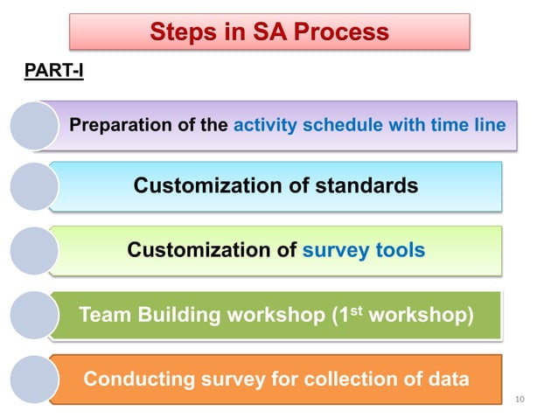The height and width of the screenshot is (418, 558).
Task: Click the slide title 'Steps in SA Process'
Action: [269, 32]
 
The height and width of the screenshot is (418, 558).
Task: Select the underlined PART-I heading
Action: [53, 70]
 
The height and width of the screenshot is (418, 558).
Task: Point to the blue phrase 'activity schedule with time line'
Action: [369, 125]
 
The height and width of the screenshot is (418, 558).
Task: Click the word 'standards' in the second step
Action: [366, 185]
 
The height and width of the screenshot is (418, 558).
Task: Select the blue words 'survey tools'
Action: [364, 251]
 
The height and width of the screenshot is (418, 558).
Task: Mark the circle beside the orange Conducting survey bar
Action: [34, 379]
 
